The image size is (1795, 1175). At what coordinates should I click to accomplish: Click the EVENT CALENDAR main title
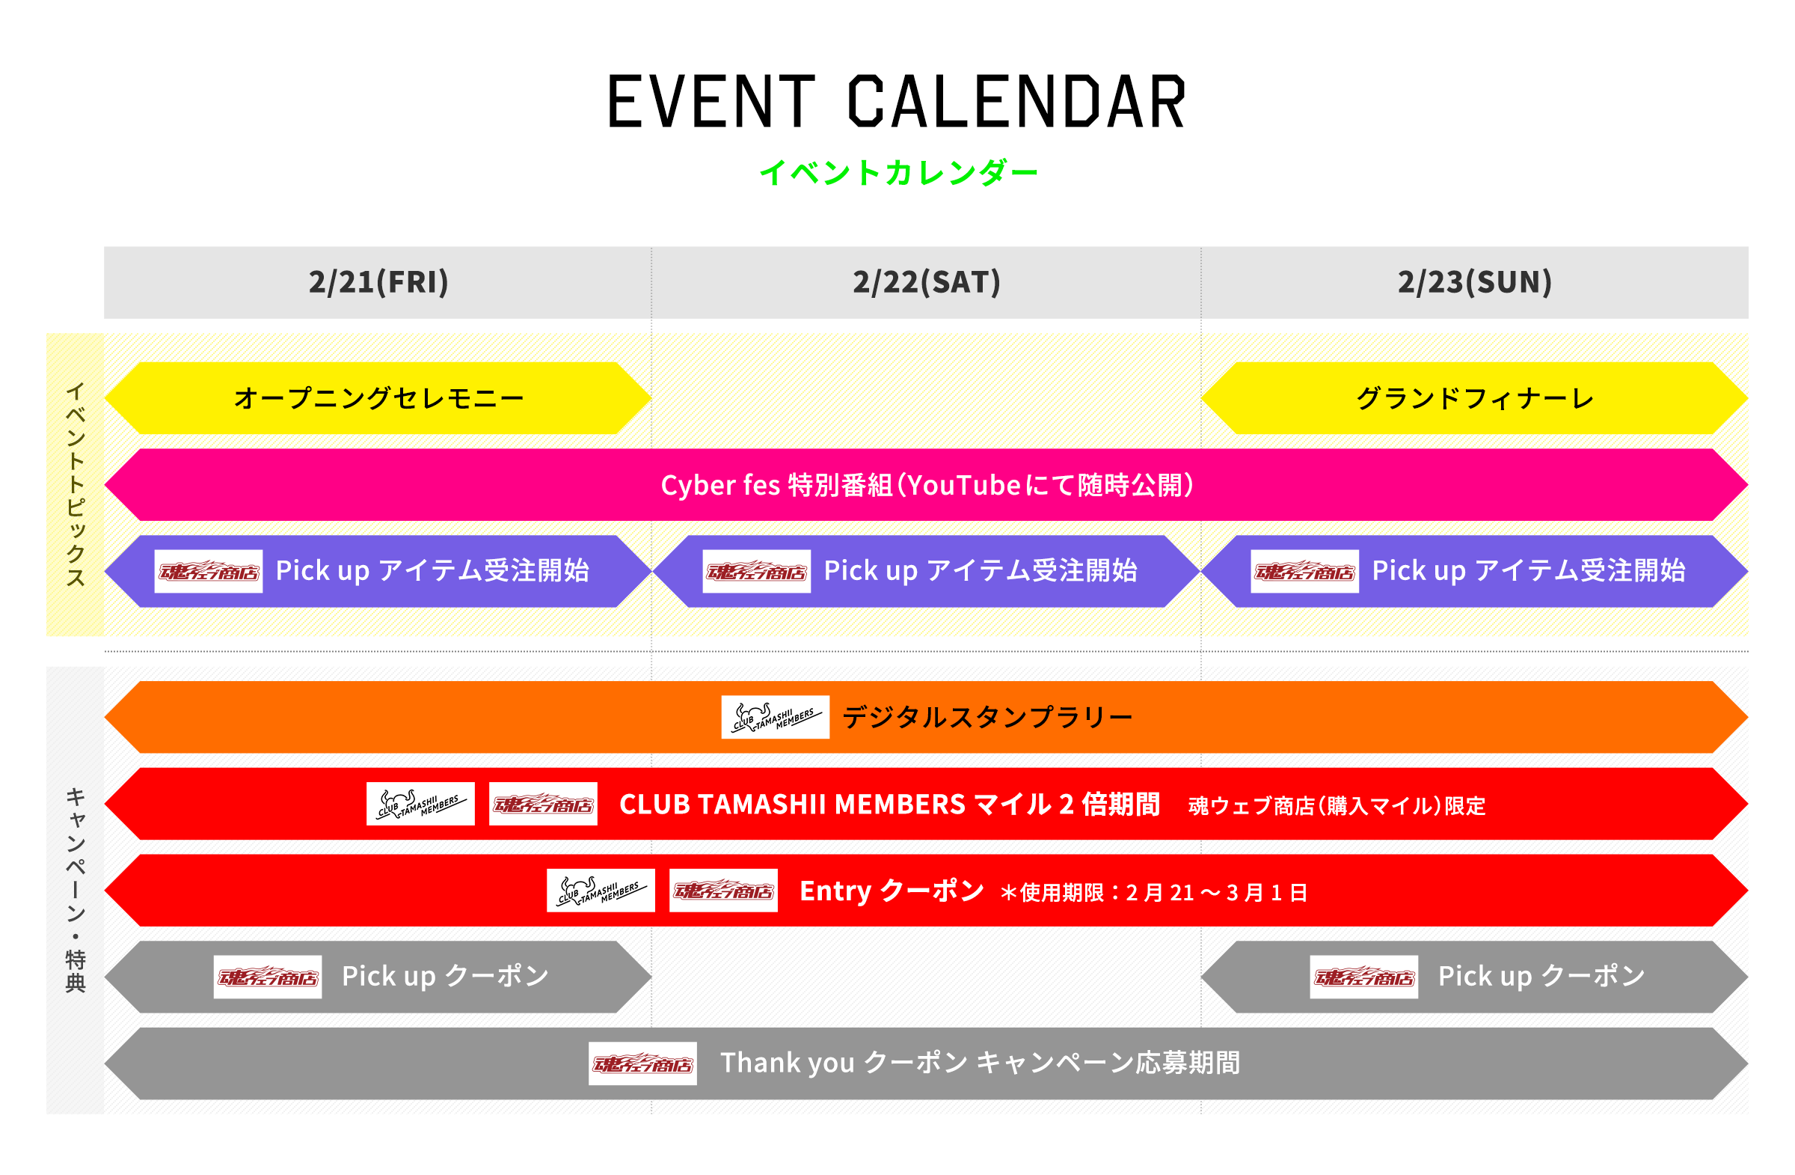click(x=896, y=102)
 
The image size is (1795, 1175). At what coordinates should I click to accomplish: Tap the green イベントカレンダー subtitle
click(x=897, y=173)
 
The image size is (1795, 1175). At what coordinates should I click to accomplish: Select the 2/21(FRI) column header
click(x=378, y=282)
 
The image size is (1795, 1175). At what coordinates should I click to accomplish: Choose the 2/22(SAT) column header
click(x=926, y=282)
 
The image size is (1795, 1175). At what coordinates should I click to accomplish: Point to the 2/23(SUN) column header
click(x=1473, y=282)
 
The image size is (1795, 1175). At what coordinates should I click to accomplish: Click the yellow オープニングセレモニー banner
click(x=378, y=397)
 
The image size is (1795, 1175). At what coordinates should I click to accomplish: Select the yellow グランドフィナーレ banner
click(x=1473, y=397)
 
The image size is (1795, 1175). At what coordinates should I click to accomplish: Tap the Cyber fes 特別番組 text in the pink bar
click(x=926, y=484)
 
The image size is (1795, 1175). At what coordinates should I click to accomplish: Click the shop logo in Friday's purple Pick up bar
click(x=208, y=571)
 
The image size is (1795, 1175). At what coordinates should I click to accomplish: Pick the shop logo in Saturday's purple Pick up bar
click(x=755, y=571)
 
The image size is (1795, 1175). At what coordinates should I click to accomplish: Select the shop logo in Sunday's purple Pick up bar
click(x=1304, y=571)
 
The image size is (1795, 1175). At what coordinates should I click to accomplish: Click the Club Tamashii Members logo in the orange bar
click(x=775, y=717)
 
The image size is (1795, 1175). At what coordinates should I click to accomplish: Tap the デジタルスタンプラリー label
click(x=987, y=717)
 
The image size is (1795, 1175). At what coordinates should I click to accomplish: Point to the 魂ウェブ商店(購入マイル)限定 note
click(x=1336, y=805)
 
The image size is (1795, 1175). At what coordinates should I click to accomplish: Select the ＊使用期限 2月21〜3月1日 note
click(x=1153, y=893)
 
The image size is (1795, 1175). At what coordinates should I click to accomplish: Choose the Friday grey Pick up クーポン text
click(x=445, y=976)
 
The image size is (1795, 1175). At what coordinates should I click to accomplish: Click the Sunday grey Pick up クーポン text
click(x=1541, y=976)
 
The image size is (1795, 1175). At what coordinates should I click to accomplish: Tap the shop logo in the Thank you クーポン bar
click(x=642, y=1063)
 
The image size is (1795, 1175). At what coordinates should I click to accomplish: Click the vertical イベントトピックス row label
click(x=75, y=484)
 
